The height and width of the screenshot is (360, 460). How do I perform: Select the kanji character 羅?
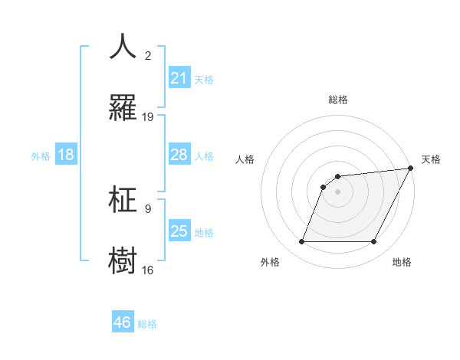[123, 107]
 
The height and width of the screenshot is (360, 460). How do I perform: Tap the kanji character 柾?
[123, 199]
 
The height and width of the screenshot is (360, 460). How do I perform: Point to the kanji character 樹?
[123, 259]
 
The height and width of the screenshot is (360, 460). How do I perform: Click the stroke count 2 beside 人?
[148, 55]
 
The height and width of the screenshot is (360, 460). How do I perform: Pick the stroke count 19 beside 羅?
[148, 116]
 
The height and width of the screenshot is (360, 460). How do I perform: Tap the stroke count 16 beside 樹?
[148, 269]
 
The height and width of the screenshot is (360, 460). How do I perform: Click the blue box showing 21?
[179, 78]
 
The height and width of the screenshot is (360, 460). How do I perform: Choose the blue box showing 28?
[179, 155]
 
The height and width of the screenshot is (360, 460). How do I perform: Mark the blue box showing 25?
[179, 231]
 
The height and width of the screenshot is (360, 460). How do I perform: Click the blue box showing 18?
[66, 155]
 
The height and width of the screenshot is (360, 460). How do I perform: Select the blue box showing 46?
[123, 322]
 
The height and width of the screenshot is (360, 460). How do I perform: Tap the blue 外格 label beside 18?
[41, 156]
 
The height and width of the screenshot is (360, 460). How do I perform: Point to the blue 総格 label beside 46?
[147, 324]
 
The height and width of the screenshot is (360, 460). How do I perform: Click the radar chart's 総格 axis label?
[337, 100]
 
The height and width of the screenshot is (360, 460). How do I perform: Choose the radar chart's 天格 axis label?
[431, 159]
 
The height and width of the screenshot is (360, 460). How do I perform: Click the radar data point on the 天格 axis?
[412, 169]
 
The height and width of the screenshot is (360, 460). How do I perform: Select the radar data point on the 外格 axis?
[301, 242]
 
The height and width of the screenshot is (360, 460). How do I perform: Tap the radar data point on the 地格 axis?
[374, 242]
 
